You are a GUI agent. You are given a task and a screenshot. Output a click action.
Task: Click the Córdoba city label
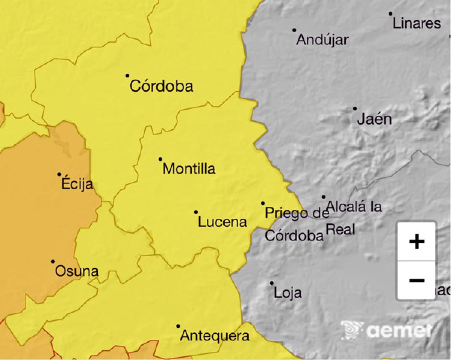[x=161, y=86]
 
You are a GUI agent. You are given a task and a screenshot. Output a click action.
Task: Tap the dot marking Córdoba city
[x=127, y=76]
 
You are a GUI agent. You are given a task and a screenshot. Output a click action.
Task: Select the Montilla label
[x=189, y=168]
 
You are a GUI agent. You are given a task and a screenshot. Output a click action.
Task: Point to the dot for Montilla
[x=160, y=159]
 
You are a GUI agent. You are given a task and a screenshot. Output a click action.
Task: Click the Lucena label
[x=222, y=222]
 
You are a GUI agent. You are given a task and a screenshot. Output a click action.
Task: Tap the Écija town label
[x=77, y=184]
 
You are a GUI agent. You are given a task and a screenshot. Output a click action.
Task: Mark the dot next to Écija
[x=59, y=174]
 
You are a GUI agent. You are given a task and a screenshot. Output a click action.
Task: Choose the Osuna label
[x=77, y=271]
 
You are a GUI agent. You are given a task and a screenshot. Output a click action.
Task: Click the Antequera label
[x=215, y=336]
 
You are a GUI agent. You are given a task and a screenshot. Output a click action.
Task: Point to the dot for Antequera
[x=178, y=326]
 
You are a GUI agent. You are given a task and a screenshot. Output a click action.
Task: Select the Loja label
[x=288, y=292]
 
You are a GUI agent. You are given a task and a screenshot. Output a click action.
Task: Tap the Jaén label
[x=374, y=119]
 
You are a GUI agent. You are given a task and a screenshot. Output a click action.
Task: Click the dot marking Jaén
[x=355, y=109]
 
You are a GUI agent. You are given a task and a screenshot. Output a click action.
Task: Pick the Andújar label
[x=322, y=40]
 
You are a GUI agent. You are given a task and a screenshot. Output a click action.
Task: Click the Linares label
[x=416, y=23]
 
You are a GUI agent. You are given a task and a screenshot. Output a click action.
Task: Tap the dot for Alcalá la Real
[x=323, y=197]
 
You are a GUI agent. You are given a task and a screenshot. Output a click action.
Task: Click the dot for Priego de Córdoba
[x=263, y=203]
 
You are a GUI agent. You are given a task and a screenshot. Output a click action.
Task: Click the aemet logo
[x=387, y=330]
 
